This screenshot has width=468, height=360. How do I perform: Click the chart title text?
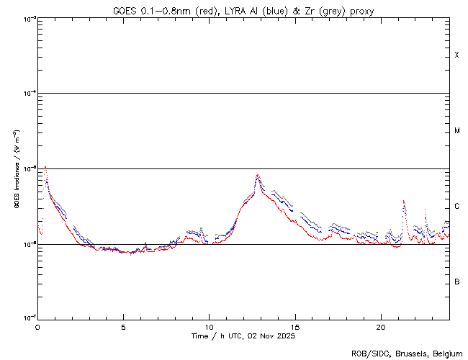tap(243, 11)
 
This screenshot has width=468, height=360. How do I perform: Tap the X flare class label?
tap(456, 55)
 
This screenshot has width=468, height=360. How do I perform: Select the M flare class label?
tap(456, 131)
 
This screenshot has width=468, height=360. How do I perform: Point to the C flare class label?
tap(456, 207)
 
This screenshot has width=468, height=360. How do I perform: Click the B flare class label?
tap(456, 282)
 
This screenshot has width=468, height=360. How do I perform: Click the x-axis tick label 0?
tap(37, 326)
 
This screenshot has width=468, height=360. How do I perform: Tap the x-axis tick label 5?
tap(123, 326)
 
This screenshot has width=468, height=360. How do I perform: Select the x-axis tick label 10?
tap(209, 326)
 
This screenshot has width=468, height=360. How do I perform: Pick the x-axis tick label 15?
tap(294, 326)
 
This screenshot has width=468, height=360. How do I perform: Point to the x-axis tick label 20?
tap(380, 326)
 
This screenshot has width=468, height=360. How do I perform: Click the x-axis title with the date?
tap(243, 336)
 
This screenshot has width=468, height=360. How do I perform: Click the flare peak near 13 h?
tap(258, 175)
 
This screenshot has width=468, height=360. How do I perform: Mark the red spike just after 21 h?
tap(404, 201)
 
